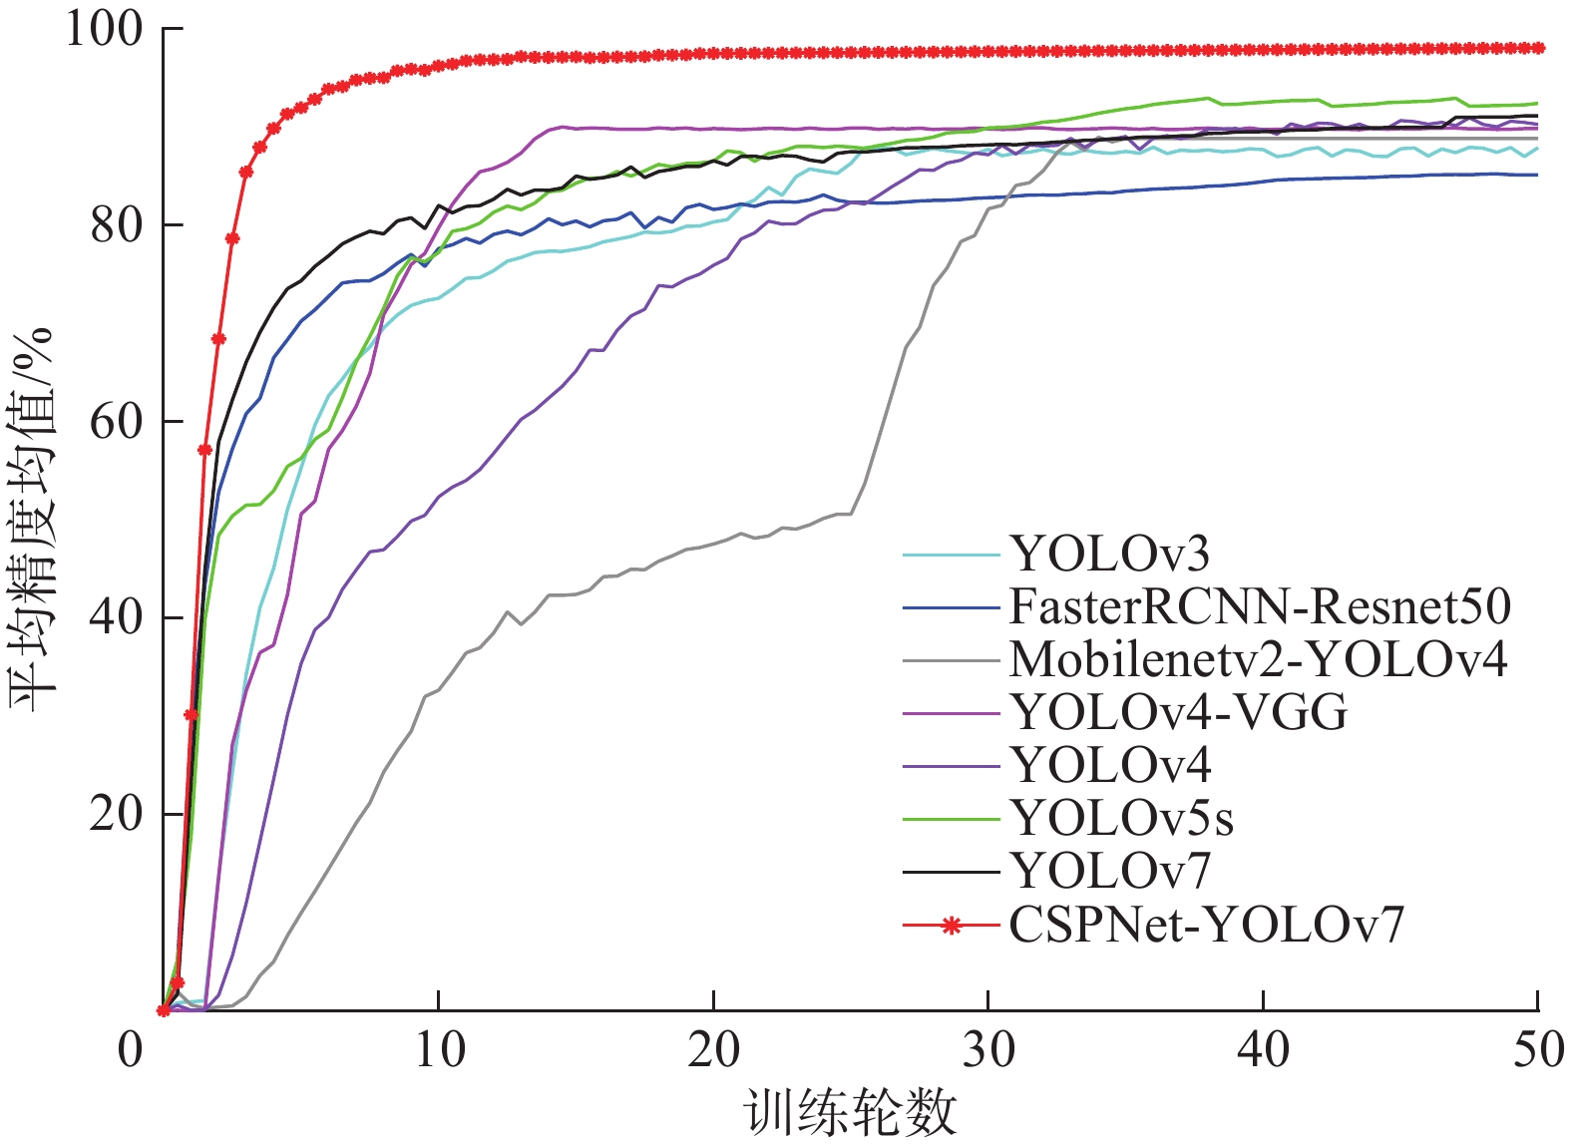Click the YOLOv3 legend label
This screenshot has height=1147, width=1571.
pos(1109,554)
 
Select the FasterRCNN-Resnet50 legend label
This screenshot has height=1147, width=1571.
pos(1260,606)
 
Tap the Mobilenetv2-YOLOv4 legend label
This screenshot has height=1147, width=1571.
pos(1258,659)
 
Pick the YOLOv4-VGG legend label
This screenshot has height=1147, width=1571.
pos(1179,712)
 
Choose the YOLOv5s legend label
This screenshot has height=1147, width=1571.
pos(1122,819)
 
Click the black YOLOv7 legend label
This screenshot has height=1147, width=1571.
pos(1109,872)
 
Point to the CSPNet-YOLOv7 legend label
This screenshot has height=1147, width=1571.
pos(1206,926)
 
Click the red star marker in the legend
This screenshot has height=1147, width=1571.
pos(952,926)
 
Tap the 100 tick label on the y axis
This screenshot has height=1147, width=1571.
pos(105,30)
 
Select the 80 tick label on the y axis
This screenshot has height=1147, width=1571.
pos(116,226)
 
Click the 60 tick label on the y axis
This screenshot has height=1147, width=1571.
pos(116,422)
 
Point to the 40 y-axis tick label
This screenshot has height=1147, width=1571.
pos(116,618)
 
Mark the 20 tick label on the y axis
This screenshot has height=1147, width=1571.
pos(116,815)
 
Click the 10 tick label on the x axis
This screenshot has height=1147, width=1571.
pos(439,1050)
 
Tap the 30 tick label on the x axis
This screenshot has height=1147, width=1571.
pos(988,1050)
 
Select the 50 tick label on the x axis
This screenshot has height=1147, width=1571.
pos(1537,1050)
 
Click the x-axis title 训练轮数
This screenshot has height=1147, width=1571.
pos(850,1113)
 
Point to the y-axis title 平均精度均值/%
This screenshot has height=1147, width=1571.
pos(34,519)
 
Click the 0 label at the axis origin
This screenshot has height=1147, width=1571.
pos(131,1050)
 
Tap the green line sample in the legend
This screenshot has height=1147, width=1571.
pos(952,819)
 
